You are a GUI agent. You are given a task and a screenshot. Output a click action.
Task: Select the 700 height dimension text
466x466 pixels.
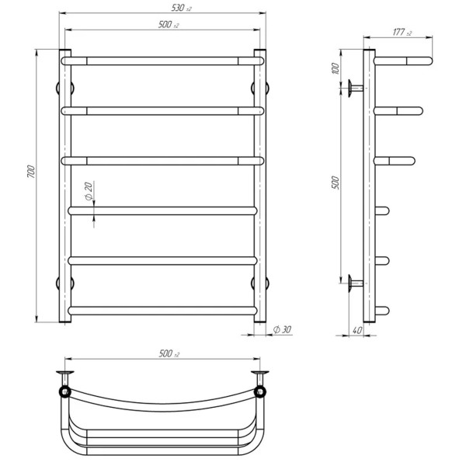30,176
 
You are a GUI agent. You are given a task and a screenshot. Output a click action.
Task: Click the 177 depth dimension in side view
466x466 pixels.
401,33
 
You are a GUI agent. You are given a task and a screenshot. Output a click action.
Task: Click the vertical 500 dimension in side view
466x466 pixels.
335,181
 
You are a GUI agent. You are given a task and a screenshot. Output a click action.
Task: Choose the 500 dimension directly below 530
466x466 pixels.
164,25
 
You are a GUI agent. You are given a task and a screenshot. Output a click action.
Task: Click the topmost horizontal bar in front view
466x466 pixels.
163,60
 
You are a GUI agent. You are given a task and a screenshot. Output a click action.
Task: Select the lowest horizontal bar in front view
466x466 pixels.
163,310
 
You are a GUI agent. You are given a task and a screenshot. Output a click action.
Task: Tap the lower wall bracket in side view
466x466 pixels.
356,282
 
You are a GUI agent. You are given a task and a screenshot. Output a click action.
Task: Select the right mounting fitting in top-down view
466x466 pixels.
261,381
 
